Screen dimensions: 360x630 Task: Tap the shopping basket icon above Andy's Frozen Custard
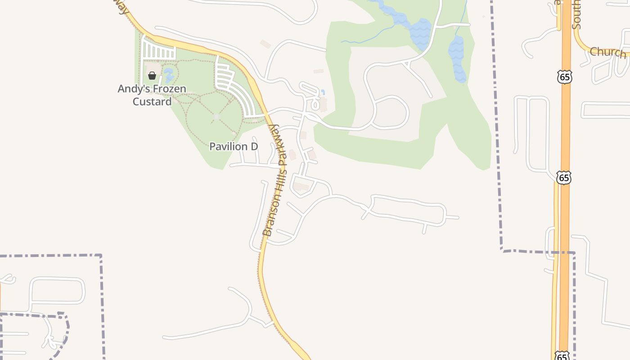(152, 76)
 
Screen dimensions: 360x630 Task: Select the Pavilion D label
(234, 147)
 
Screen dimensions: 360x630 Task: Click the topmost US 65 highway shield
(564, 77)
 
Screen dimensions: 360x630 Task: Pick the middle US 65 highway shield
(563, 177)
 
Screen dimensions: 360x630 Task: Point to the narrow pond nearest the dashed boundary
(457, 58)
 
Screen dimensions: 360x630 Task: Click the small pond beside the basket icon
(169, 74)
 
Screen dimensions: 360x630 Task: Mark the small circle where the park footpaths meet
(216, 117)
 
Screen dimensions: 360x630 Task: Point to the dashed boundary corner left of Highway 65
(502, 250)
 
